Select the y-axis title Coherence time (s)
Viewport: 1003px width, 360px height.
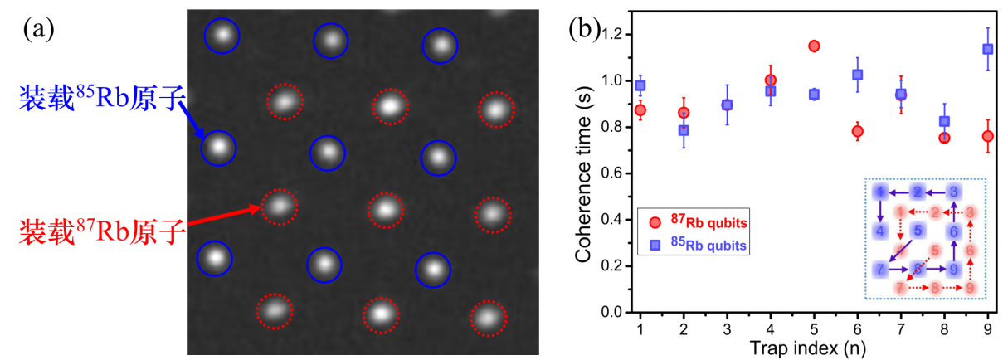pyautogui.click(x=583, y=173)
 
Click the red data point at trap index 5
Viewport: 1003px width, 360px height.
pyautogui.click(x=814, y=46)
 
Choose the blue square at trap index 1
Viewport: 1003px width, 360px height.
pyautogui.click(x=640, y=85)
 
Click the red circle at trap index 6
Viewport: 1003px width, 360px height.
pyautogui.click(x=857, y=131)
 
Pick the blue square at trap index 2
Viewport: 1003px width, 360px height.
pyautogui.click(x=684, y=130)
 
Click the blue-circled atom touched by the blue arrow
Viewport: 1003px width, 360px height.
pyautogui.click(x=218, y=148)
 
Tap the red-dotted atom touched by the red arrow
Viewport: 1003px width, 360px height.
pyautogui.click(x=279, y=206)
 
